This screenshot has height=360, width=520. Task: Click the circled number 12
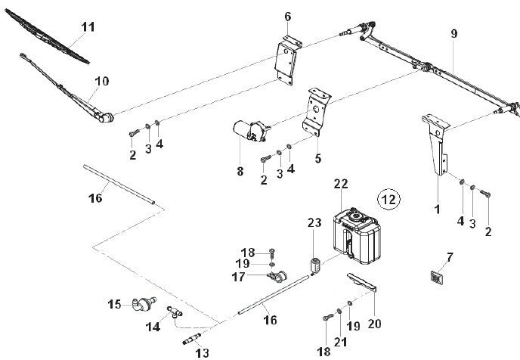pyautogui.click(x=389, y=200)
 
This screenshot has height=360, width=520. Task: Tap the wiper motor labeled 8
pyautogui.click(x=251, y=131)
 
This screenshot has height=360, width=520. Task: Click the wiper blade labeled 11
pyautogui.click(x=48, y=36)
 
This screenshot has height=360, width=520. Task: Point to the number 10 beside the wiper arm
pyautogui.click(x=102, y=81)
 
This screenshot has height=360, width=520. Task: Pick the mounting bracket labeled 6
pyautogui.click(x=288, y=61)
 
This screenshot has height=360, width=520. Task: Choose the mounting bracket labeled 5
pyautogui.click(x=317, y=112)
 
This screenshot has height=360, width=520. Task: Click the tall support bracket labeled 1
pyautogui.click(x=436, y=145)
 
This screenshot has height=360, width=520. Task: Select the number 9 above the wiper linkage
pyautogui.click(x=454, y=33)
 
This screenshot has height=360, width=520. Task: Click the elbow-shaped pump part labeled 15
pyautogui.click(x=144, y=304)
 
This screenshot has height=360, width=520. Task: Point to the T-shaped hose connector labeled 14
pyautogui.click(x=174, y=312)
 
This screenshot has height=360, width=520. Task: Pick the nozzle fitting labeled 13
pyautogui.click(x=192, y=339)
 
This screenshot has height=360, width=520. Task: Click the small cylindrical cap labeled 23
pyautogui.click(x=314, y=265)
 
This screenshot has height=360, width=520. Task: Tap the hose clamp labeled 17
pyautogui.click(x=277, y=276)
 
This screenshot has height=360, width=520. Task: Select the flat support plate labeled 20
pyautogui.click(x=362, y=283)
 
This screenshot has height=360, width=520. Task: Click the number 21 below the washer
pyautogui.click(x=341, y=342)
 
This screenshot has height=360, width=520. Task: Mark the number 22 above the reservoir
pyautogui.click(x=341, y=184)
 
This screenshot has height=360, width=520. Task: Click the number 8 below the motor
pyautogui.click(x=240, y=171)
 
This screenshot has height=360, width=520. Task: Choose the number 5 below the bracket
pyautogui.click(x=318, y=158)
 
